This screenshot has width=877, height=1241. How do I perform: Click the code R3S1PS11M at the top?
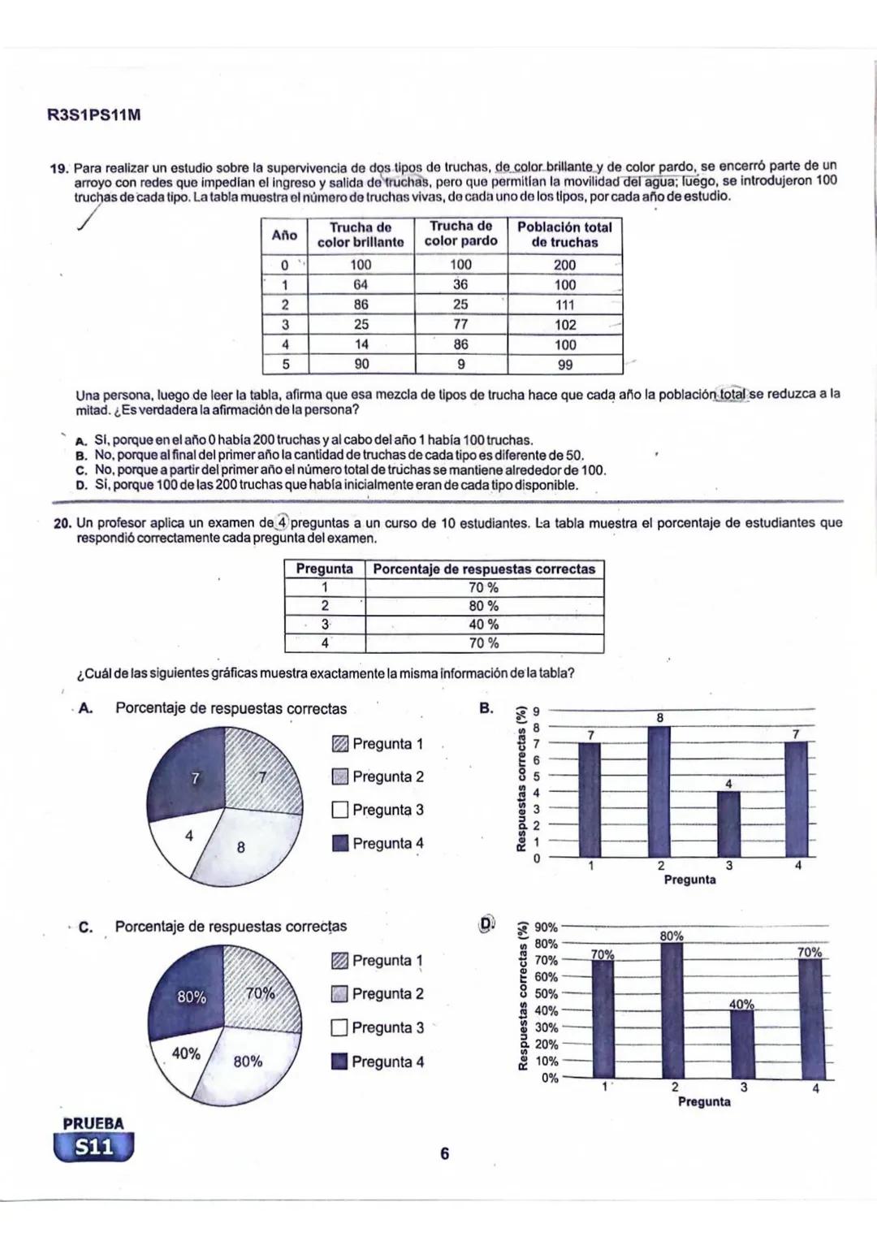94,115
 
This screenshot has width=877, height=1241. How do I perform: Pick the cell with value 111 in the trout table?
564,305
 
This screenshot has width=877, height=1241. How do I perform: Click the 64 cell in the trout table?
360,284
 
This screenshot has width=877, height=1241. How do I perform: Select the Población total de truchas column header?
564,235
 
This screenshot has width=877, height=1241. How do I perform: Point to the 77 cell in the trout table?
460,324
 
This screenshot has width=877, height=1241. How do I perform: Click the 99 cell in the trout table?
564,365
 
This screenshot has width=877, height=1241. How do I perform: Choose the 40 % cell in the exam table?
484,625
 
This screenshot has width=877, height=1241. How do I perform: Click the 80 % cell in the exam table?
484,606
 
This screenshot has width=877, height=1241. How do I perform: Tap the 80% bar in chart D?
672,1007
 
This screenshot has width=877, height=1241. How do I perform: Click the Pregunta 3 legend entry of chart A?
378,810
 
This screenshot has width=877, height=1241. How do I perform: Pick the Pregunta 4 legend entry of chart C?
378,1062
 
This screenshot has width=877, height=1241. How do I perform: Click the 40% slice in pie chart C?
186,1053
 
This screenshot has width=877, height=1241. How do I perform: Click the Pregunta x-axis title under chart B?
689,880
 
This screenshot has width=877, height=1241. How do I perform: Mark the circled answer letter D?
486,924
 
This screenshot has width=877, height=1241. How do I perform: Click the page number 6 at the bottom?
444,1153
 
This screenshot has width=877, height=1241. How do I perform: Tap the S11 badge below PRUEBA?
93,1148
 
